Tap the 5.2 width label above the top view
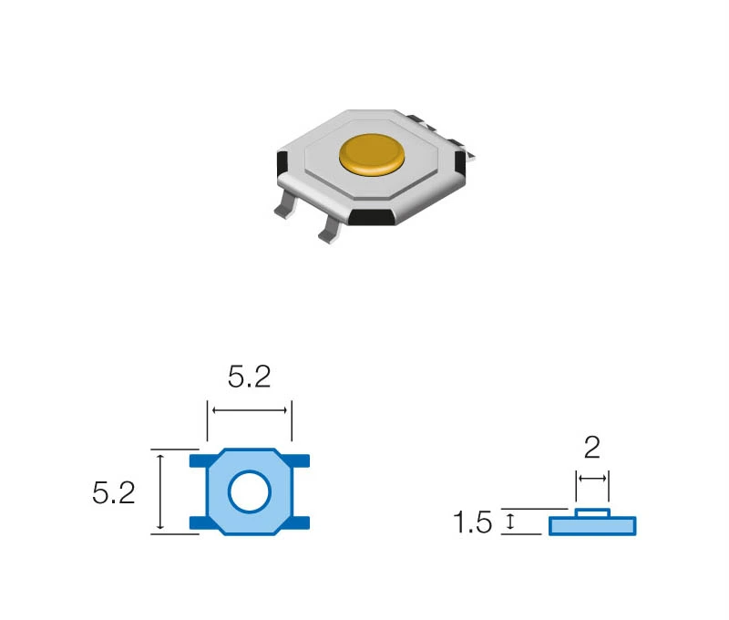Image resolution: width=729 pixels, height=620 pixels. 249,377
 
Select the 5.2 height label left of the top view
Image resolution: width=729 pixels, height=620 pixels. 114,493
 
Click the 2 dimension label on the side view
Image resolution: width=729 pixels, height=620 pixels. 591,448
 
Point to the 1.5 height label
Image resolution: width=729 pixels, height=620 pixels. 472,522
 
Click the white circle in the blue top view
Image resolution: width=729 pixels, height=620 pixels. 249,491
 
